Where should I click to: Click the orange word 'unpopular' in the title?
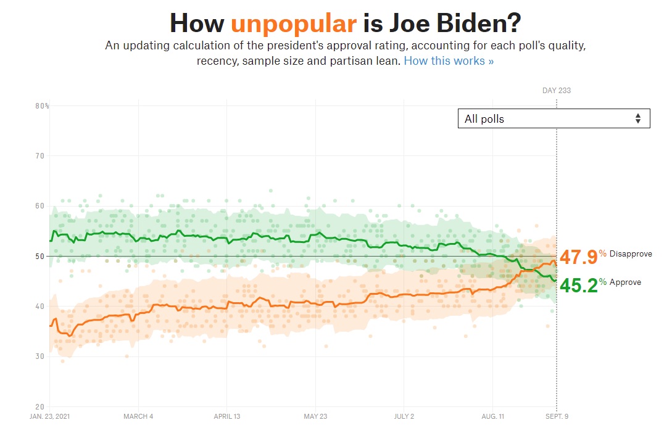[x=294, y=23]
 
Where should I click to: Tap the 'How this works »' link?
[x=449, y=61]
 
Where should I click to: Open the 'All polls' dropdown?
[x=554, y=118]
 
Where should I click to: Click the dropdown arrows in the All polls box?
[x=638, y=118]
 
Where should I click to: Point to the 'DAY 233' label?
[x=556, y=91]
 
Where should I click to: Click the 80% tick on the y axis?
[x=42, y=106]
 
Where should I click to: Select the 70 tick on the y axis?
[x=41, y=156]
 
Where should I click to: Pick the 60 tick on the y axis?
[x=41, y=206]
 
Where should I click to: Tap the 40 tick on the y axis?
[x=41, y=307]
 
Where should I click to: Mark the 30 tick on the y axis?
[x=41, y=356]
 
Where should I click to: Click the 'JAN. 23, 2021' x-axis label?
[x=50, y=416]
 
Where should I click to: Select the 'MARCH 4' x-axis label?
[x=138, y=416]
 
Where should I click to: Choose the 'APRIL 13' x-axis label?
[x=226, y=416]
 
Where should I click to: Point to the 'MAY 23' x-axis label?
[x=315, y=416]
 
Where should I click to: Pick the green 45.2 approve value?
[x=578, y=286]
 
